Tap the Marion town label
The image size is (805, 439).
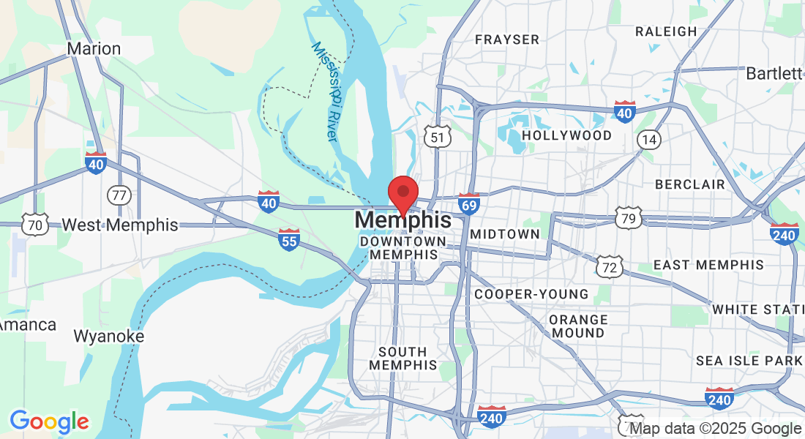94,49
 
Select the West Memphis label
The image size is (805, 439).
120,225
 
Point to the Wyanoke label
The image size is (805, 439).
109,337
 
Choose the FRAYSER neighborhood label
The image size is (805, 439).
507,40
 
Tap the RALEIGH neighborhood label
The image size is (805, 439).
666,31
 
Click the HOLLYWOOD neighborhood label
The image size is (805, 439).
567,135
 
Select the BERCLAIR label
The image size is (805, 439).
690,184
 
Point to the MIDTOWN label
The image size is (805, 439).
505,234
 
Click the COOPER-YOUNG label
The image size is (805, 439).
531,294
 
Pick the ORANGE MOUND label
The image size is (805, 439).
578,326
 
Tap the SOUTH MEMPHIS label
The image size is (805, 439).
403,358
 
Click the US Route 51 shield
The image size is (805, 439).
437,136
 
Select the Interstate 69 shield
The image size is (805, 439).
469,203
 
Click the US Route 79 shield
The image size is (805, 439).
629,217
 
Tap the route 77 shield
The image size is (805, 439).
119,195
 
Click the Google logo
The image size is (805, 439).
49,421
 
